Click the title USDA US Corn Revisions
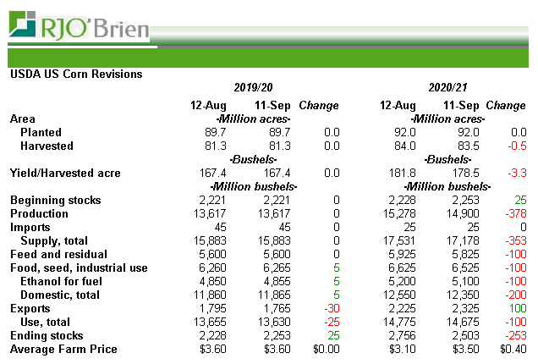pyautogui.click(x=76, y=74)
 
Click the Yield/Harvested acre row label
pyautogui.click(x=65, y=174)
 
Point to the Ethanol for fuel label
pyautogui.click(x=65, y=282)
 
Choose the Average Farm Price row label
pyautogui.click(x=63, y=350)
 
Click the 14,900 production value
pyautogui.click(x=462, y=214)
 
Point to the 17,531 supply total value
pyautogui.click(x=398, y=241)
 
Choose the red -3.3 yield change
pyautogui.click(x=515, y=174)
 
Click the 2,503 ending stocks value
pyautogui.click(x=464, y=336)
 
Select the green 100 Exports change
pyautogui.click(x=516, y=309)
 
